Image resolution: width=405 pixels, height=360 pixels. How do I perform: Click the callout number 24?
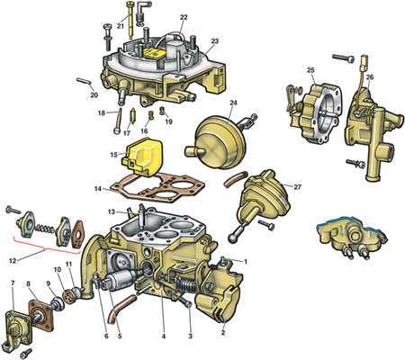[233, 103]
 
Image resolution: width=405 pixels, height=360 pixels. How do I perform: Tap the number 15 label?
[113, 155]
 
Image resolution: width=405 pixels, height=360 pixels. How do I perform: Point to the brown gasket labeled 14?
[156, 185]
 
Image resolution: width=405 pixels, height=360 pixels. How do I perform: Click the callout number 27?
[297, 187]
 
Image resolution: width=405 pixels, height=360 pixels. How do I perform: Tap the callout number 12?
[13, 261]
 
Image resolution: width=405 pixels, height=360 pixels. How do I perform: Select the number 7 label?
[13, 283]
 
